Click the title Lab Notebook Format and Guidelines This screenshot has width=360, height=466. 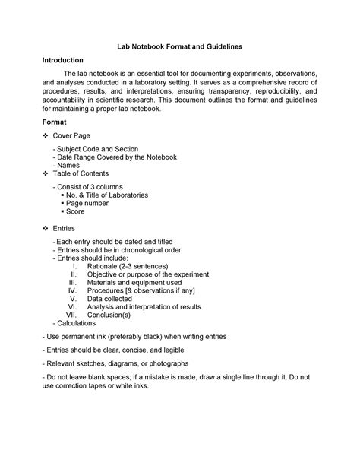(179, 46)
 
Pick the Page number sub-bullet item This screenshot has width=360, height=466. (90, 203)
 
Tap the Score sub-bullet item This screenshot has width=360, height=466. (80, 211)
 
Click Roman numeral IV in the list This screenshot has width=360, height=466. (73, 290)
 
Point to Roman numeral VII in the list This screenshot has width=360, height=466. (72, 315)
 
